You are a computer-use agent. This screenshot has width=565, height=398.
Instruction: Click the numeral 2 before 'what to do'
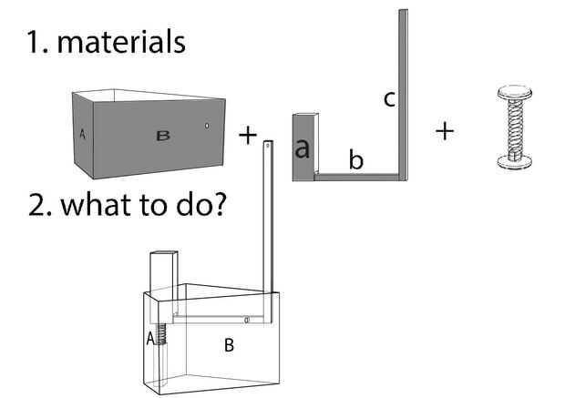tap(37, 204)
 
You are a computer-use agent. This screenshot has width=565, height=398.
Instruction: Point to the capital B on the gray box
tap(163, 136)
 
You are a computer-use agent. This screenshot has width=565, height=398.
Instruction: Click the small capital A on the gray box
tap(82, 134)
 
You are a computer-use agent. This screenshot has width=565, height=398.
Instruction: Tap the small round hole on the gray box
tap(207, 126)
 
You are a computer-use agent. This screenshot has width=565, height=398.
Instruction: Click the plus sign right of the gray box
tap(247, 136)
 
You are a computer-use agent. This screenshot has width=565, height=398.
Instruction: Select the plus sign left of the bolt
tap(444, 131)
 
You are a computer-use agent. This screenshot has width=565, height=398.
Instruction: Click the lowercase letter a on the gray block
tap(303, 149)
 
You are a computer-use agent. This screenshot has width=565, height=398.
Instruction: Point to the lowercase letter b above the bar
tap(356, 161)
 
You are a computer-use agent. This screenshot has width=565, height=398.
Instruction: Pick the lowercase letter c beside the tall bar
tap(388, 99)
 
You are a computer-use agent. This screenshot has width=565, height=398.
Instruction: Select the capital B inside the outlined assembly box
tap(230, 344)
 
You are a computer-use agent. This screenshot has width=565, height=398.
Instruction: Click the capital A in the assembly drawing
tap(151, 339)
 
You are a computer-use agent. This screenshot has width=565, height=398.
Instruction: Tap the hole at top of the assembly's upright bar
tap(267, 144)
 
